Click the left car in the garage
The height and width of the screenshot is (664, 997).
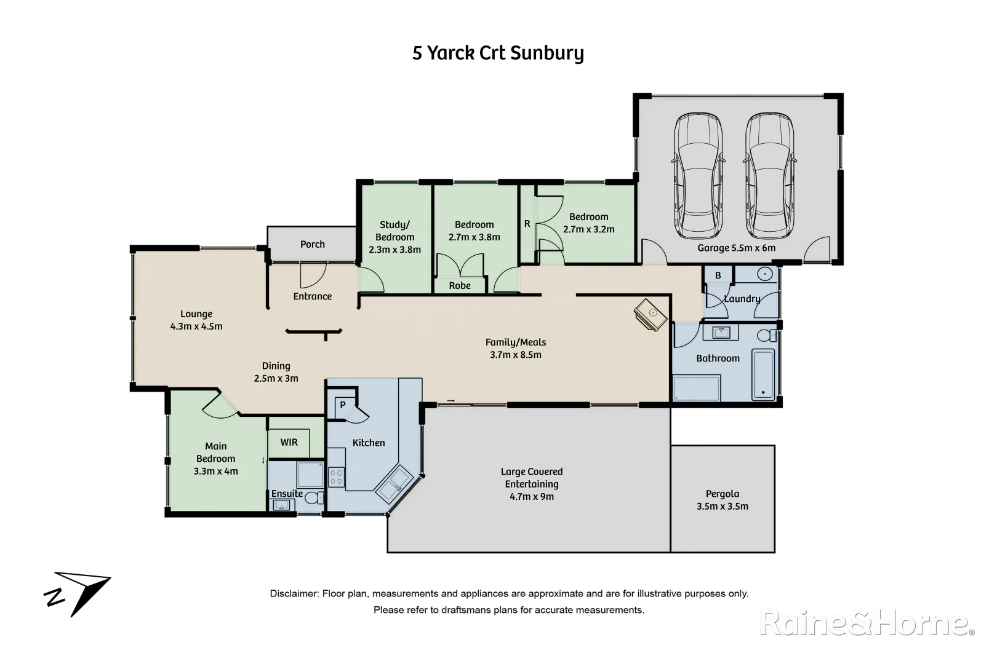[697, 176]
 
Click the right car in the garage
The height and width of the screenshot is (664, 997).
[769, 176]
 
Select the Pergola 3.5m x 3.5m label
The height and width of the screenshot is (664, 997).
[723, 500]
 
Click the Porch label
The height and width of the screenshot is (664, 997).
[313, 244]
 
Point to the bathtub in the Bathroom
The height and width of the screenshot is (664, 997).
[764, 374]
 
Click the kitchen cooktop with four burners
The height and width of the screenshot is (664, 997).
[336, 477]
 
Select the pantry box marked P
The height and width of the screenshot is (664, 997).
[343, 405]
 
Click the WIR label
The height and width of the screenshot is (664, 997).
[289, 442]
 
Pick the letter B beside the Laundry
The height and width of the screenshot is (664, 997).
[718, 275]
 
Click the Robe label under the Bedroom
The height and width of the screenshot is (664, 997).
[460, 285]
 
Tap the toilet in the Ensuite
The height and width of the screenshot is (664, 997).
[314, 497]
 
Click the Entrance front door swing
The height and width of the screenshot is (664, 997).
[313, 275]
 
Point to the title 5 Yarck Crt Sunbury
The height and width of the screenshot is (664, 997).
[498, 53]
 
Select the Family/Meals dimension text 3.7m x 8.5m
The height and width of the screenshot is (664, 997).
[516, 355]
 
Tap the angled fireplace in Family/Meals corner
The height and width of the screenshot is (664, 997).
[651, 315]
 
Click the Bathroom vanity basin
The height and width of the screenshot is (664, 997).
[721, 333]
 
